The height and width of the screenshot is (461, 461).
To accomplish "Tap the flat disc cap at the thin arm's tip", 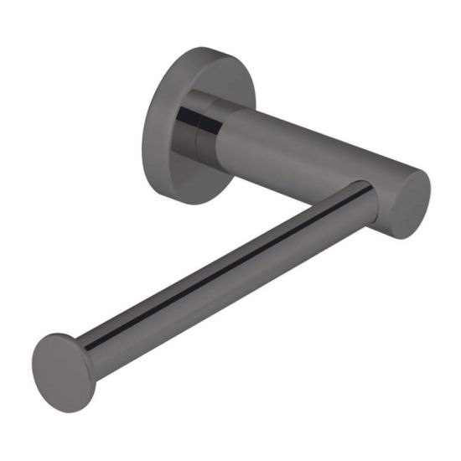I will pos(64,372).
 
